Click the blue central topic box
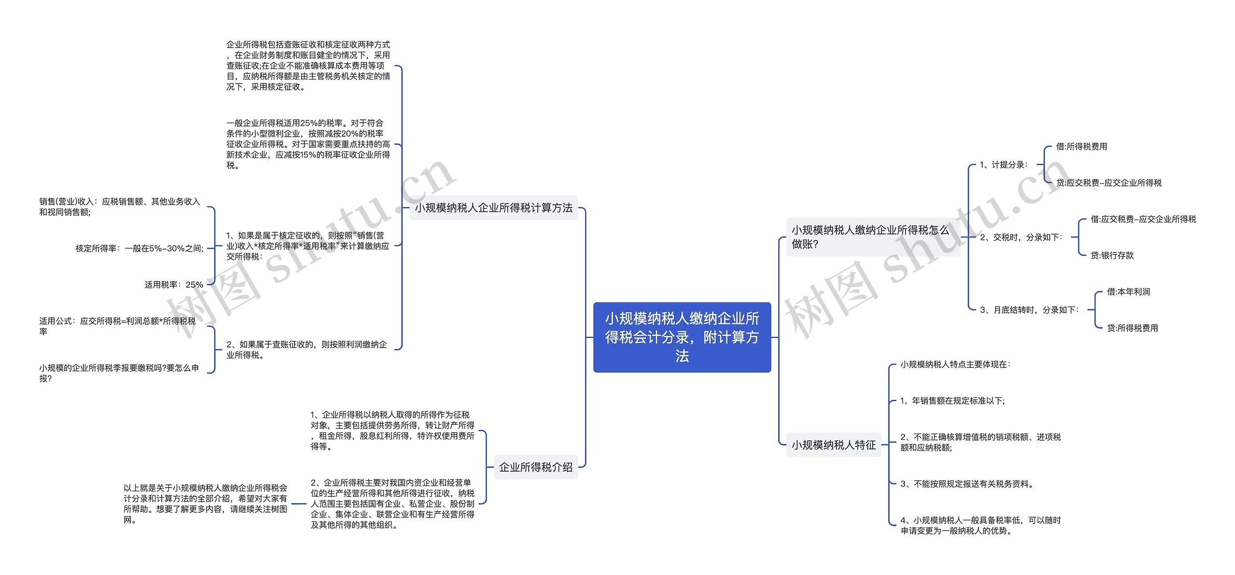point(682,337)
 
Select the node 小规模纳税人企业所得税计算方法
point(494,208)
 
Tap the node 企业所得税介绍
point(535,467)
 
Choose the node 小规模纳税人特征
point(833,445)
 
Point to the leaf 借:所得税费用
point(1081,146)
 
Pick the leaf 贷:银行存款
point(1112,255)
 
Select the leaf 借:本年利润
point(1128,292)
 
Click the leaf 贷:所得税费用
point(1132,328)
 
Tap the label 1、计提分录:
point(1004,165)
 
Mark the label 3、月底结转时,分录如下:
point(1029,310)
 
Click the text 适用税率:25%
point(174,285)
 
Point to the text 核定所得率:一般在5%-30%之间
point(139,248)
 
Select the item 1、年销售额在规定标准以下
point(952,401)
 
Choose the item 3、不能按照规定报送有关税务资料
point(967,484)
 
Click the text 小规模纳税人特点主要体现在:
point(955,365)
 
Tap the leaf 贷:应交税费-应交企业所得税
point(1109,182)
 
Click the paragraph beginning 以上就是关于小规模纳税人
point(205,504)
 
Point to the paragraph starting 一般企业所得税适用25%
point(308,144)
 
